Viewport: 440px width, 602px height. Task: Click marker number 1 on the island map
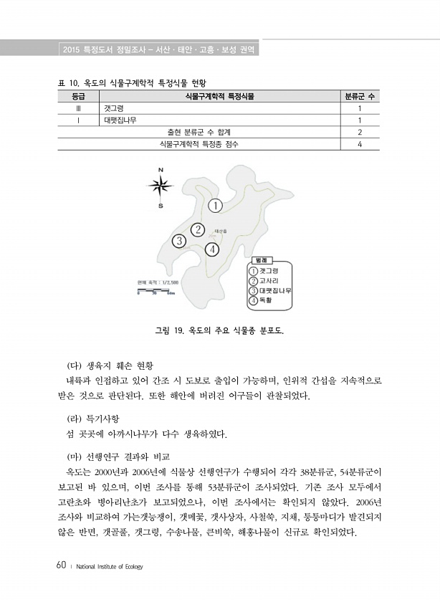click(216, 206)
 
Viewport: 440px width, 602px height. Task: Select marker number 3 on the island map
click(178, 241)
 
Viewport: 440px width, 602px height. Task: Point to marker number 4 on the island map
click(211, 249)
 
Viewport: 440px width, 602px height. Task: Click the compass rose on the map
click(161, 187)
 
